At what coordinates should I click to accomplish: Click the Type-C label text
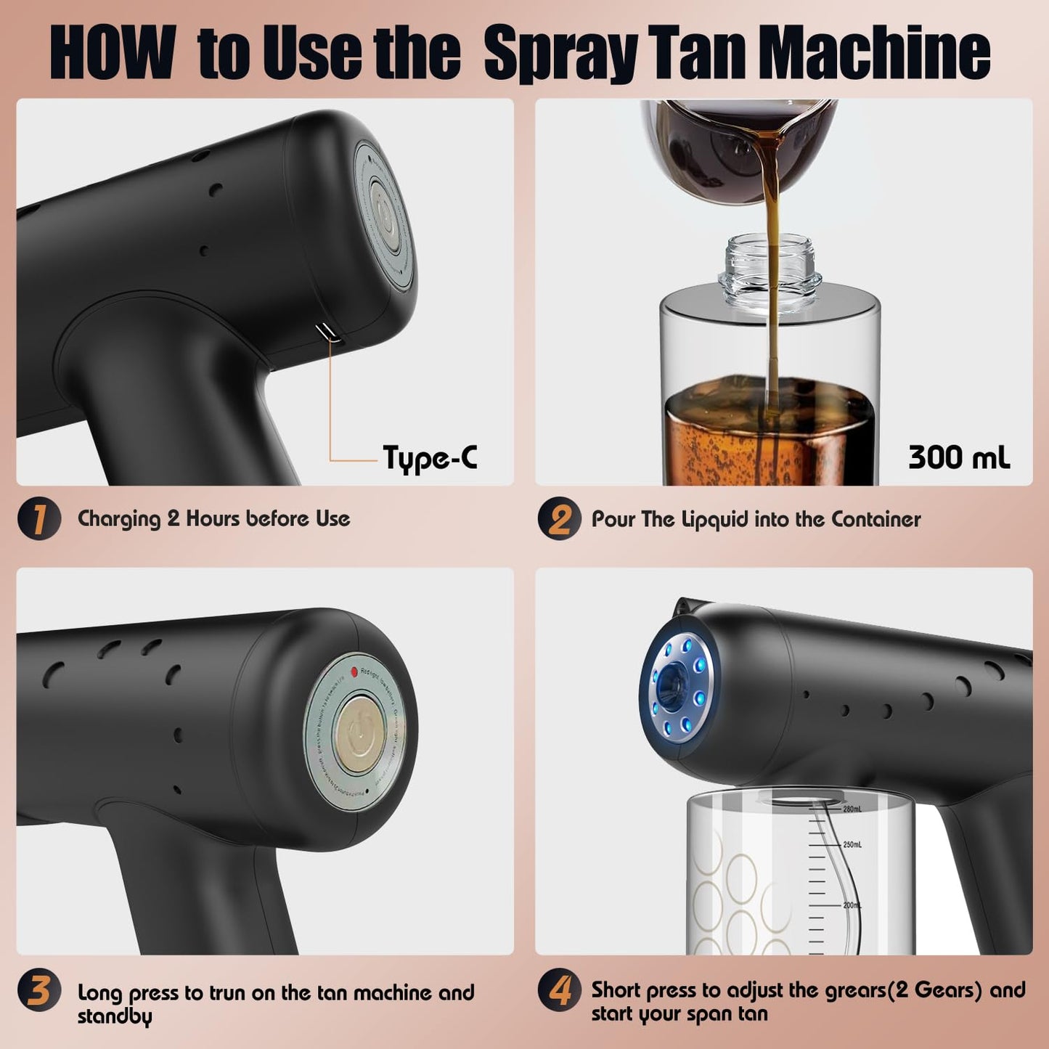(430, 458)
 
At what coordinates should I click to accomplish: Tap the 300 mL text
(958, 457)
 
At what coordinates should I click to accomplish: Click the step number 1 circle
(38, 518)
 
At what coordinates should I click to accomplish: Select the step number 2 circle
(559, 518)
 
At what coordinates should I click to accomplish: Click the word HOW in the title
(113, 52)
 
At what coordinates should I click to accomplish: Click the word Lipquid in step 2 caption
(714, 520)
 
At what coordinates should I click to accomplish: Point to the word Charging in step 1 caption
(118, 519)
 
